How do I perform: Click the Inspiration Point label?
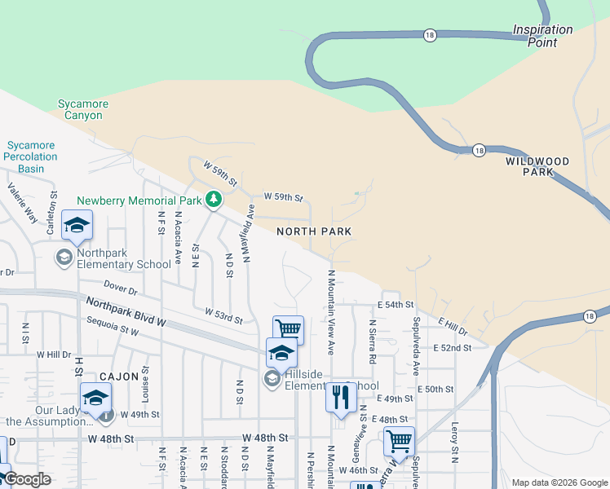542,36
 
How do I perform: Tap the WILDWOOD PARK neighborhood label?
536,167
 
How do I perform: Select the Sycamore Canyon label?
80,110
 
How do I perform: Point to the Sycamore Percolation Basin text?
32,156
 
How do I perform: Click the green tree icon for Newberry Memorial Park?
213,199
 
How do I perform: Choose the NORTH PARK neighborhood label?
314,232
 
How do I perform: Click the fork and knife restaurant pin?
341,397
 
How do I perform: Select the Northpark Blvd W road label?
126,312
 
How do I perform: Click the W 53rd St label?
223,315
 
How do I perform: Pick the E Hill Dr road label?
453,326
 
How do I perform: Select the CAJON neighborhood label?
121,377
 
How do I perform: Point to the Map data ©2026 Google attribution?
559,482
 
